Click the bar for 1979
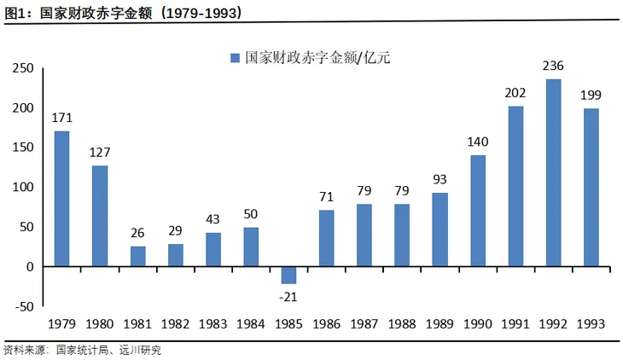pyautogui.click(x=62, y=199)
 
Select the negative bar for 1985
pyautogui.click(x=288, y=275)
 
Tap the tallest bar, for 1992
pyautogui.click(x=553, y=172)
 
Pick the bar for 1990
pyautogui.click(x=477, y=211)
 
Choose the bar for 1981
pyautogui.click(x=138, y=256)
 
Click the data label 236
pyautogui.click(x=553, y=65)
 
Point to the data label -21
pyautogui.click(x=288, y=297)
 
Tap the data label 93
pyautogui.click(x=440, y=179)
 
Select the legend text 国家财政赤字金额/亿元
pyautogui.click(x=317, y=58)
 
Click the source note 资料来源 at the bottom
pyautogui.click(x=82, y=350)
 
